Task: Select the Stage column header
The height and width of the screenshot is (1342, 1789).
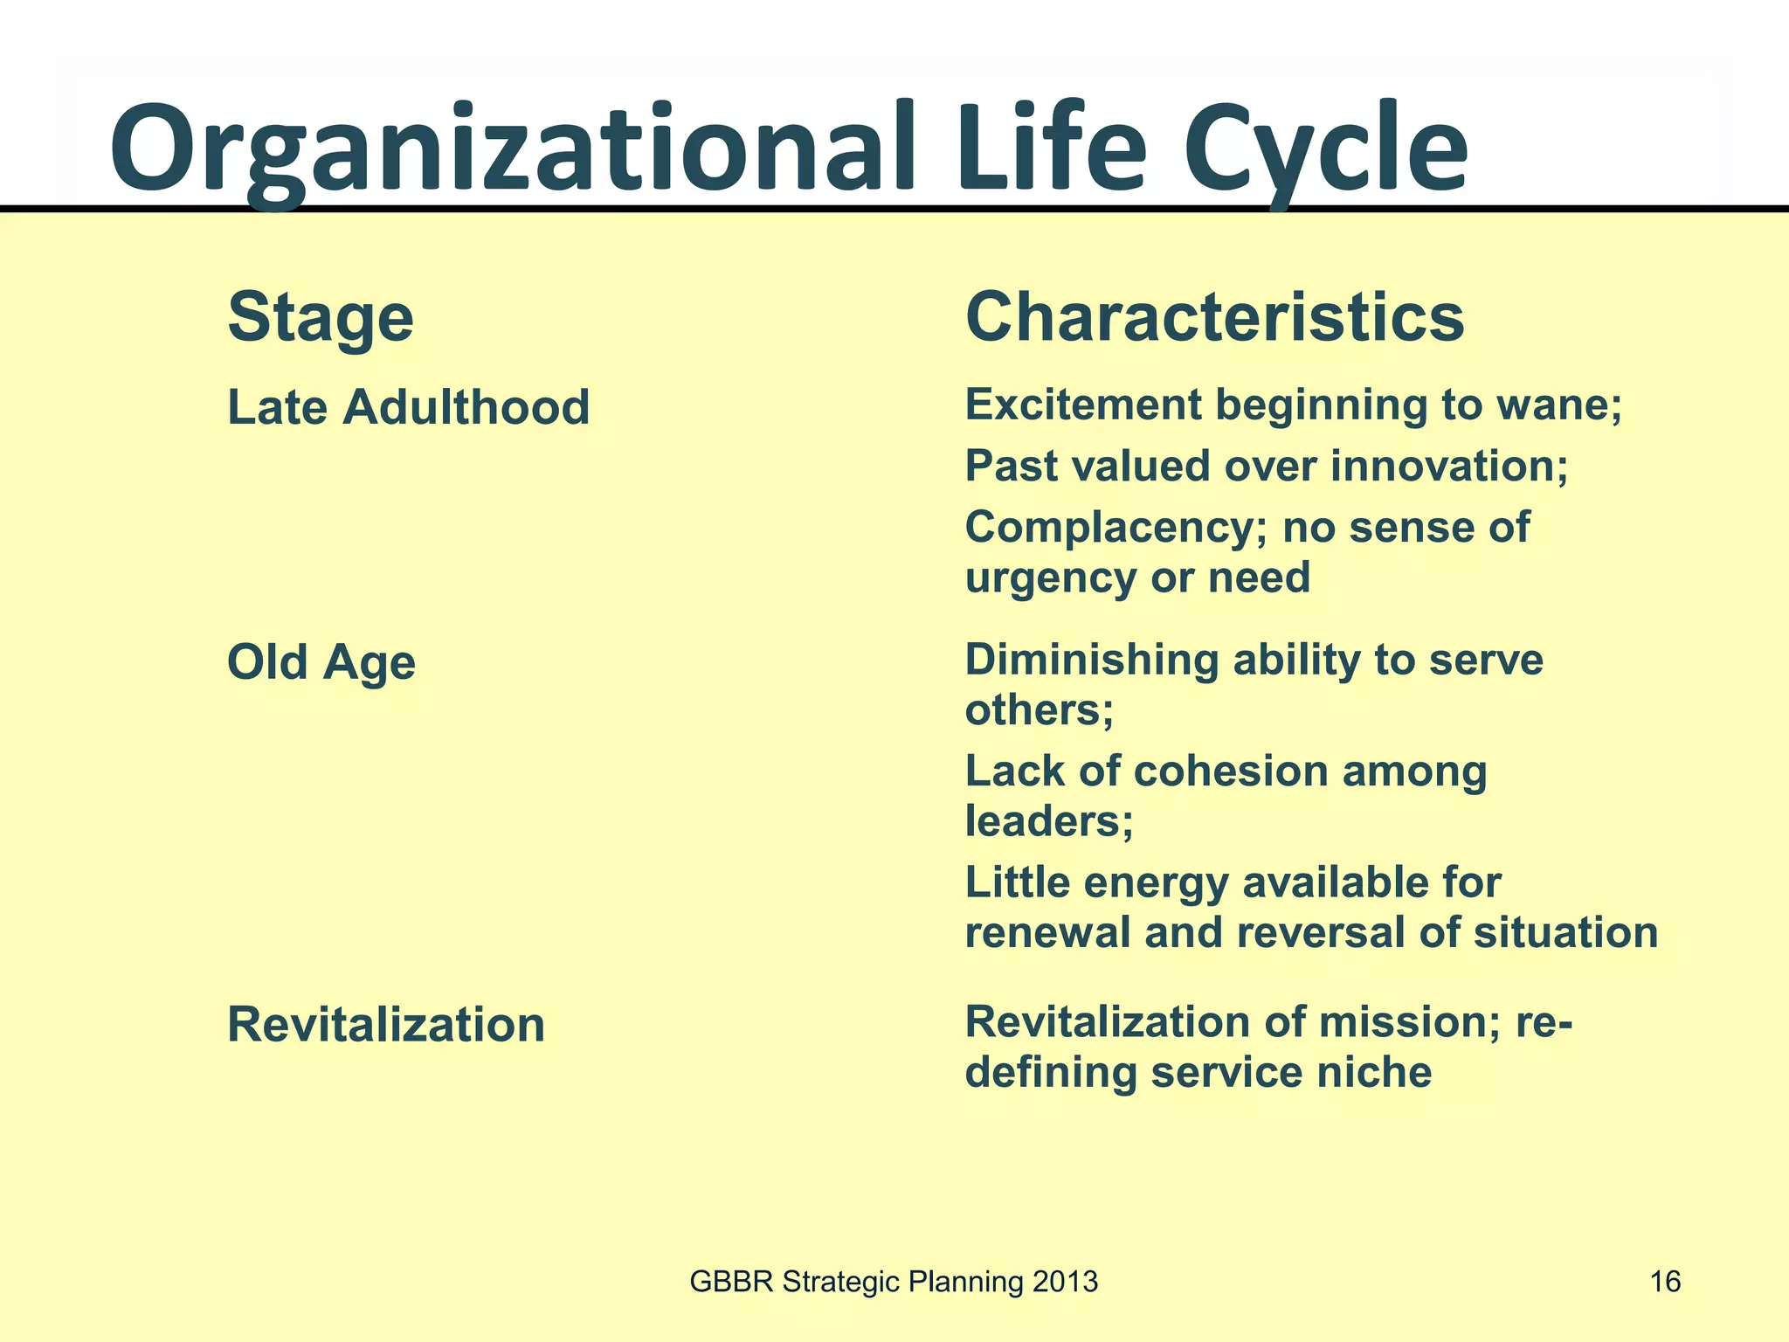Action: coord(321,317)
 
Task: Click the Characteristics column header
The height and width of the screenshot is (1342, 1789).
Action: coord(1214,317)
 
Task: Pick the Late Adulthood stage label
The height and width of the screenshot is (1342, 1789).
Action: coord(408,407)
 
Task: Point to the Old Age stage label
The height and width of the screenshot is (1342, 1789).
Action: coord(321,661)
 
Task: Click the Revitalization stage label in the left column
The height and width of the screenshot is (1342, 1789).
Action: coord(385,1024)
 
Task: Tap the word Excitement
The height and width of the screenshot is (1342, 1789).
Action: coord(1083,405)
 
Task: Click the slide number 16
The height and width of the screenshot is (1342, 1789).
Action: coord(1665,1282)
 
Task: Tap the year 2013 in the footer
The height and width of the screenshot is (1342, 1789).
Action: coord(1064,1282)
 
